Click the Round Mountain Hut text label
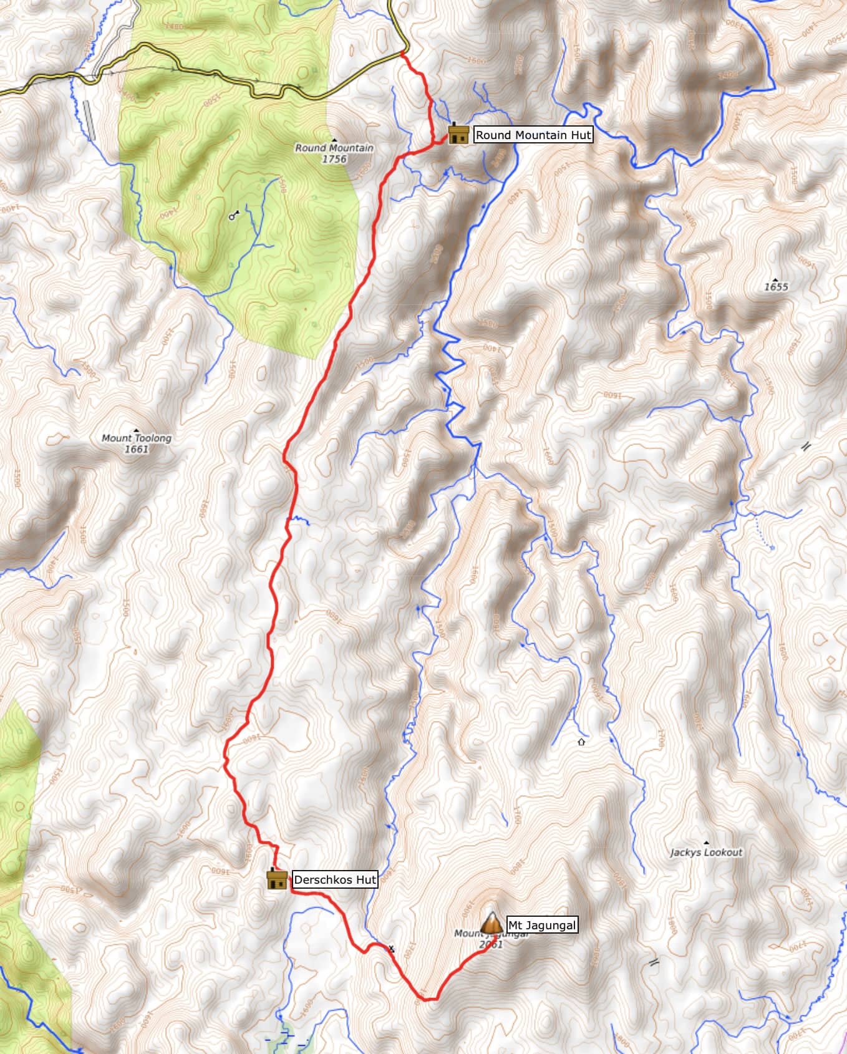pyautogui.click(x=533, y=135)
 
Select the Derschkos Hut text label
pyautogui.click(x=335, y=879)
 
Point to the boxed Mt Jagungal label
pyautogui.click(x=541, y=925)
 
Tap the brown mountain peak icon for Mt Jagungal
pyautogui.click(x=491, y=924)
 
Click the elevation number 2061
pyautogui.click(x=491, y=944)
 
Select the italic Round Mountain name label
pyautogui.click(x=334, y=148)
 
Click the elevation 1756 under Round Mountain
pyautogui.click(x=334, y=159)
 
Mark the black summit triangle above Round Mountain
pyautogui.click(x=335, y=140)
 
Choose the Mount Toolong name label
pyautogui.click(x=136, y=438)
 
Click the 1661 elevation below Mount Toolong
pyautogui.click(x=136, y=448)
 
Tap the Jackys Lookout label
pyautogui.click(x=706, y=852)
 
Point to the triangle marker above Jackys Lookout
pyautogui.click(x=706, y=843)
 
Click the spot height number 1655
pyautogui.click(x=776, y=287)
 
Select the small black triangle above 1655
pyautogui.click(x=776, y=279)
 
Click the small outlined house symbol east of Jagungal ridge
pyautogui.click(x=581, y=742)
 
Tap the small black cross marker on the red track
pyautogui.click(x=392, y=949)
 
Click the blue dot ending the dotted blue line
pyautogui.click(x=772, y=548)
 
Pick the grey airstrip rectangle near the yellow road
pyautogui.click(x=89, y=118)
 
